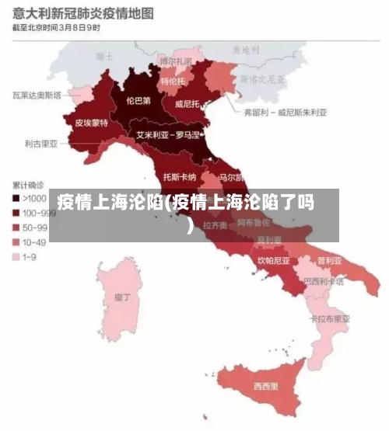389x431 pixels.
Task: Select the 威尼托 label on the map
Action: [x=188, y=103]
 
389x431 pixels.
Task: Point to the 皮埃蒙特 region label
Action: [x=91, y=123]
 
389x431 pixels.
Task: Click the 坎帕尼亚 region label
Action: [x=274, y=260]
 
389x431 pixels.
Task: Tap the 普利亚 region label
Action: [x=328, y=259]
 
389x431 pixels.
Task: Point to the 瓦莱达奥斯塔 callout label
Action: [x=37, y=96]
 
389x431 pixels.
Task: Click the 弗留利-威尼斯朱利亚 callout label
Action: [x=286, y=112]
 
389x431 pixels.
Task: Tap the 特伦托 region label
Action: [x=173, y=81]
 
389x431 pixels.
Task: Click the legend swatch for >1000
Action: [x=16, y=198]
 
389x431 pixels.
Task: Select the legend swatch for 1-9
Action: [x=16, y=256]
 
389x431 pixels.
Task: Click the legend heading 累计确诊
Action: [x=28, y=185]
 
